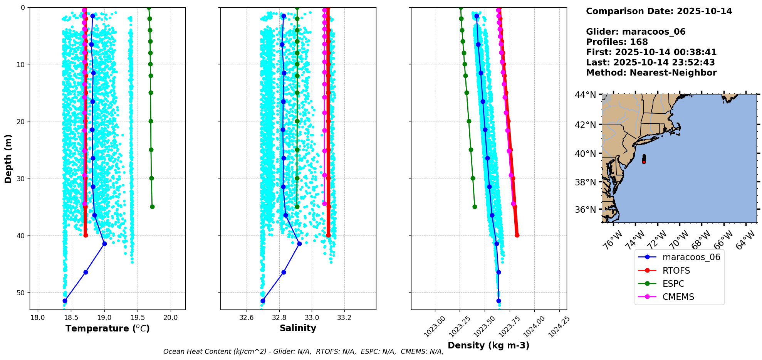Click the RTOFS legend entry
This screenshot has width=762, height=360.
point(676,271)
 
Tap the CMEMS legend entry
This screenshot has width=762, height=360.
point(678,297)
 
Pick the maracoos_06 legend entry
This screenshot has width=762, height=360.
point(691,257)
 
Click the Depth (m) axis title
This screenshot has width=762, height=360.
point(8,158)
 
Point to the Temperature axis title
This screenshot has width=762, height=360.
point(107,328)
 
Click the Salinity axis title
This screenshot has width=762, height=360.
point(298,328)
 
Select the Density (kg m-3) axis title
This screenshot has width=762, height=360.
point(488,345)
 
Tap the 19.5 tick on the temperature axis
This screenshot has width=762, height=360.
point(138,318)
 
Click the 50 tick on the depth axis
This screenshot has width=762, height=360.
point(20,293)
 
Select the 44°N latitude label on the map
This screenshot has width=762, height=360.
point(585,95)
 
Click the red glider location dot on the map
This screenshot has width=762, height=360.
point(644,162)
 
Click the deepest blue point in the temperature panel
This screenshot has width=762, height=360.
point(65,301)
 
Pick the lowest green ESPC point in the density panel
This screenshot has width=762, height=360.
point(475,207)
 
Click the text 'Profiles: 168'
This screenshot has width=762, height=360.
point(617,42)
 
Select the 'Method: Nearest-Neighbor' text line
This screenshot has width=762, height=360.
point(651,73)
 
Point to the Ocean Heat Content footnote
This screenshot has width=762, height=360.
point(303,352)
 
